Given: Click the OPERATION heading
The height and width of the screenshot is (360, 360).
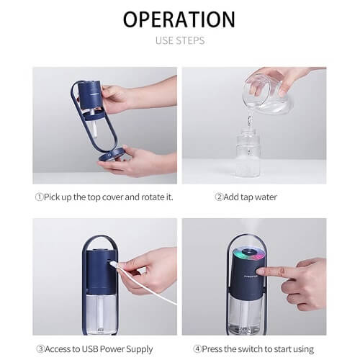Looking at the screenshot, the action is (179, 19).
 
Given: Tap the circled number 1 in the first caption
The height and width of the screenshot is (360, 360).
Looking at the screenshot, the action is (39, 197).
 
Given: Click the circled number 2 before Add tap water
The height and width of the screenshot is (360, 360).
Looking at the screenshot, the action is (219, 197).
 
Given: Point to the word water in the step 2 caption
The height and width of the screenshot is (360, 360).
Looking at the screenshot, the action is (266, 197).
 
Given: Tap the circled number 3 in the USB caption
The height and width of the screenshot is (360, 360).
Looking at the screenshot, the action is (40, 349).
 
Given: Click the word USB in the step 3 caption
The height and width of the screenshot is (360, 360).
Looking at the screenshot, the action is (90, 349).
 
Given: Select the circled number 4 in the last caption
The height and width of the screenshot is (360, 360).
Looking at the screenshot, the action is (197, 349).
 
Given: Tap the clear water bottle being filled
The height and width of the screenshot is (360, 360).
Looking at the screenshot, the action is (248, 153).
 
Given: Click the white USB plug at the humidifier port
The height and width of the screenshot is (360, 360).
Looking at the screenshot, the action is (114, 264).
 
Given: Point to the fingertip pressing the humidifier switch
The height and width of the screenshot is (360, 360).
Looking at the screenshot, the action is (260, 271).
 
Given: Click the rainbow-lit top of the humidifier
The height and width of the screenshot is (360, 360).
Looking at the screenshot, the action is (248, 255).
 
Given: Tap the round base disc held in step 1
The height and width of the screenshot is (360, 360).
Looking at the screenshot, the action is (111, 155).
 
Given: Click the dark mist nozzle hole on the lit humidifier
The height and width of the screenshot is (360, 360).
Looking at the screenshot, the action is (248, 252).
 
